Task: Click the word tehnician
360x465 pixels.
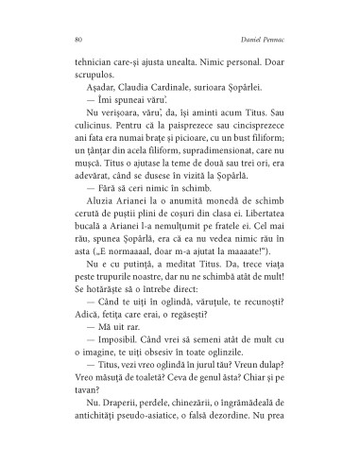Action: tap(94, 59)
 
